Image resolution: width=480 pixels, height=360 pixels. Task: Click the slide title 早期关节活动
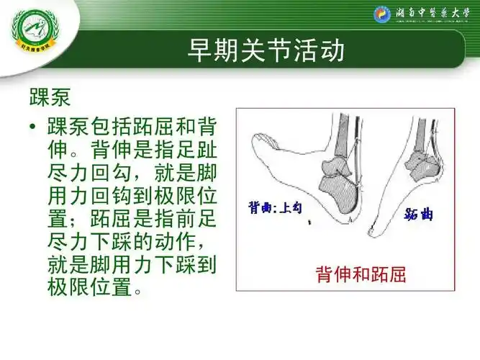point(266,50)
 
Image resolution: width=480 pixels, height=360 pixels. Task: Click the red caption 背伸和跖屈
point(361,274)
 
